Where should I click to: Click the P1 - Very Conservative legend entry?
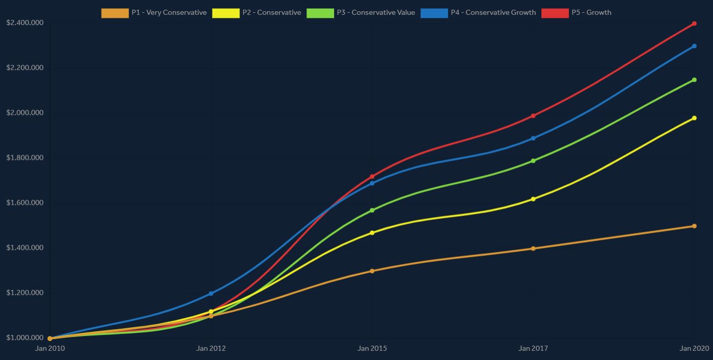pos(154,13)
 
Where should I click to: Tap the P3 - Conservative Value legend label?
pos(375,13)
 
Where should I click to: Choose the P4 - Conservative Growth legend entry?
pos(478,13)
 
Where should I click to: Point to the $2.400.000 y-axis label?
pos(25,23)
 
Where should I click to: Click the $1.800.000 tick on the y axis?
pos(25,158)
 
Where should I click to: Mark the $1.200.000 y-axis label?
pos(25,293)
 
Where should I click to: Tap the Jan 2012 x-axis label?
pos(211,349)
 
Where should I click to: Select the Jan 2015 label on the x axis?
pos(372,349)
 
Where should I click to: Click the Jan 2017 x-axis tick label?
pos(533,349)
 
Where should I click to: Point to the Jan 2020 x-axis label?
pos(695,349)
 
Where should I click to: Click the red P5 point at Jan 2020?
pos(694,23)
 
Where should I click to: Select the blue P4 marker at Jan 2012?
pos(211,294)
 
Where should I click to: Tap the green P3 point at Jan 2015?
pos(372,210)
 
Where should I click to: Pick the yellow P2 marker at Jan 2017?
pos(533,199)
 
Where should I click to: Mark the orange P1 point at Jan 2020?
pos(694,226)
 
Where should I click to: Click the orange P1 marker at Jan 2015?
pos(372,271)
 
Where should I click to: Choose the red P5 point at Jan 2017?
pos(533,116)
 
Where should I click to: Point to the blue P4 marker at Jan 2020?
pos(694,46)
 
